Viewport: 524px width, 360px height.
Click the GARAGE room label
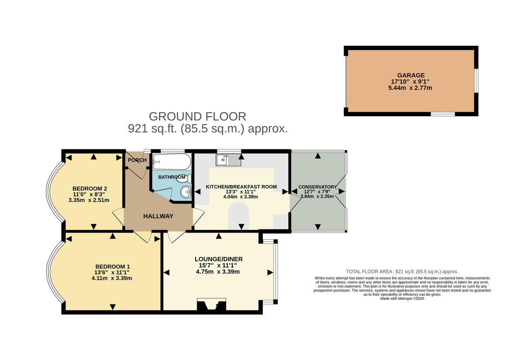coord(411,75)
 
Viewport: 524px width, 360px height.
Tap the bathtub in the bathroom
coord(172,161)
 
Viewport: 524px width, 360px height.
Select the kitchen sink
coord(228,160)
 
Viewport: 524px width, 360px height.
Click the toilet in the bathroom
coord(187,178)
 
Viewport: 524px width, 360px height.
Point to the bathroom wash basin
coord(186,192)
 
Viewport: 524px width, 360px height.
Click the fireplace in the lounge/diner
coord(211,305)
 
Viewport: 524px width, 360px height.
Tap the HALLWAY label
coord(158,216)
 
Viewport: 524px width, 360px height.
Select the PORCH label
coord(137,160)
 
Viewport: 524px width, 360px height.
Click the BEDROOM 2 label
coord(90,189)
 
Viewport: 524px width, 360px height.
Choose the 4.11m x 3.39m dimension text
coord(112,278)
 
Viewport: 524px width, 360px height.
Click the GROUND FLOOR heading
coord(197,117)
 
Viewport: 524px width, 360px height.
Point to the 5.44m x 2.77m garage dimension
coord(410,88)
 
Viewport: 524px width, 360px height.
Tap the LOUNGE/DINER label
coord(219,259)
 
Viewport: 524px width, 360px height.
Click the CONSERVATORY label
coord(317,187)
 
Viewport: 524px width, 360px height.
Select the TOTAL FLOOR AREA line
coord(402,271)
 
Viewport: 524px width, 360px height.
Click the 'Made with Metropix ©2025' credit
coord(402,298)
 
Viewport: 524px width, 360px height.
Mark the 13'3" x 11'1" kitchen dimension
coord(241,192)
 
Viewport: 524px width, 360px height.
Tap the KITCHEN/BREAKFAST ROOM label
coord(241,187)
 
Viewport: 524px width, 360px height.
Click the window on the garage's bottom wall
coord(443,114)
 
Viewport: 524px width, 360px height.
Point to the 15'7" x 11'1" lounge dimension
coord(217,265)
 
